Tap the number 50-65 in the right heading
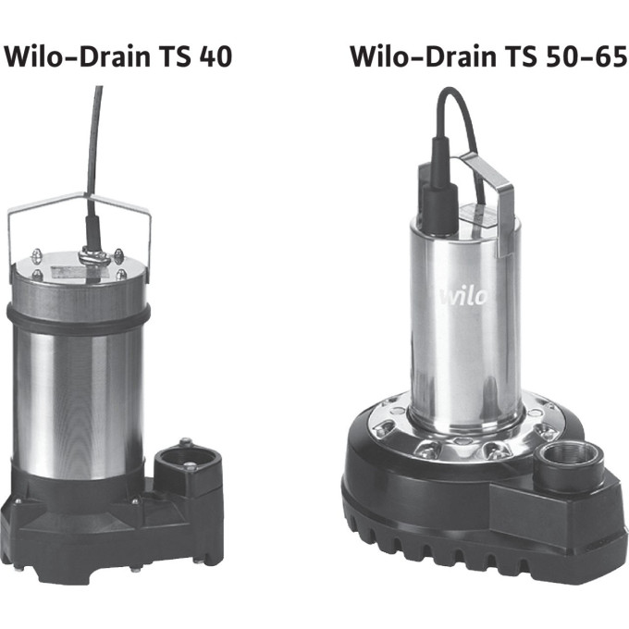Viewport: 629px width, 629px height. (586, 56)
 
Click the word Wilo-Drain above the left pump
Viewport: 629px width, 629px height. (77, 56)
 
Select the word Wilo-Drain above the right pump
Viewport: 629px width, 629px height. (424, 56)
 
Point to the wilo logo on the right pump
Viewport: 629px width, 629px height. (462, 297)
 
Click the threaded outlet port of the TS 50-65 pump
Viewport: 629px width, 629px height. (569, 458)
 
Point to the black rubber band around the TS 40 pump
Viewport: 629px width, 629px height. (79, 319)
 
